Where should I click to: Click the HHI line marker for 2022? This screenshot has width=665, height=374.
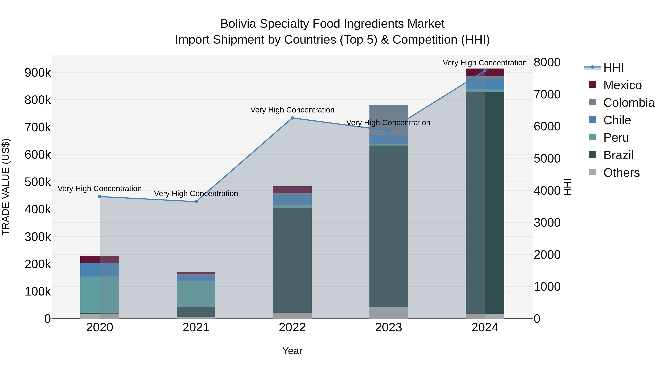(292, 118)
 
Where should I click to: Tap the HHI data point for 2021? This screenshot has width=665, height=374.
(196, 201)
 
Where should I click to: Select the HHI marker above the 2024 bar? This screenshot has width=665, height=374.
(485, 71)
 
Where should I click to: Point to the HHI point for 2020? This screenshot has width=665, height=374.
(100, 197)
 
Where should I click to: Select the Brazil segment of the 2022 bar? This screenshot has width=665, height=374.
(292, 260)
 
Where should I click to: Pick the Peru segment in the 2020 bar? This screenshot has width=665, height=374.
(100, 295)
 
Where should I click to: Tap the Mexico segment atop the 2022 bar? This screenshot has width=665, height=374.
(292, 190)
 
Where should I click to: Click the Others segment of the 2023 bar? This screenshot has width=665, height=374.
(388, 312)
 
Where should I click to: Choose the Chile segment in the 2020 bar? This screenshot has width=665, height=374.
(100, 270)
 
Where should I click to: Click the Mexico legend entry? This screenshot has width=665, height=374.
(622, 85)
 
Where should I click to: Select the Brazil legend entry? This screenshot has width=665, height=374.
(618, 155)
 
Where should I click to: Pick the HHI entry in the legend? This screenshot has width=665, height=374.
(613, 68)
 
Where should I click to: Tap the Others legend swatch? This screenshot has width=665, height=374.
(592, 172)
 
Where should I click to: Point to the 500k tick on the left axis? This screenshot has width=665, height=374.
(38, 182)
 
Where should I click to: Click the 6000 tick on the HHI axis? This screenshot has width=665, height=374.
(547, 127)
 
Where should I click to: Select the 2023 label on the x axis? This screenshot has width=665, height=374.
(388, 327)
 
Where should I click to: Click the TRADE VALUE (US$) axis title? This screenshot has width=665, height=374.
(6, 187)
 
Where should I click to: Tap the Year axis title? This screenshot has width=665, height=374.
(292, 351)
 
